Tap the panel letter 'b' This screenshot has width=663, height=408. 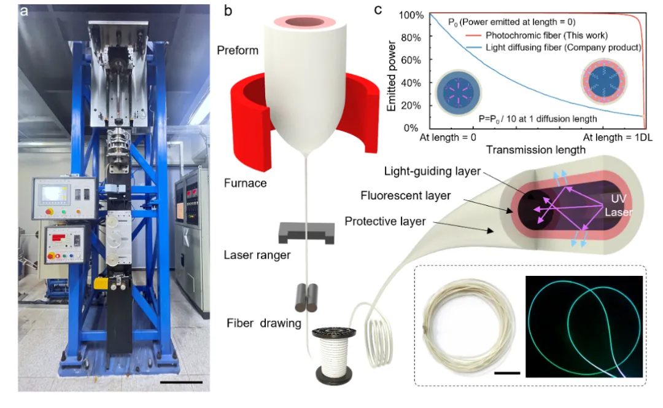pyautogui.click(x=228, y=11)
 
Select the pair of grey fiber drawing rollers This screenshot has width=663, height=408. pyautogui.click(x=306, y=298)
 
